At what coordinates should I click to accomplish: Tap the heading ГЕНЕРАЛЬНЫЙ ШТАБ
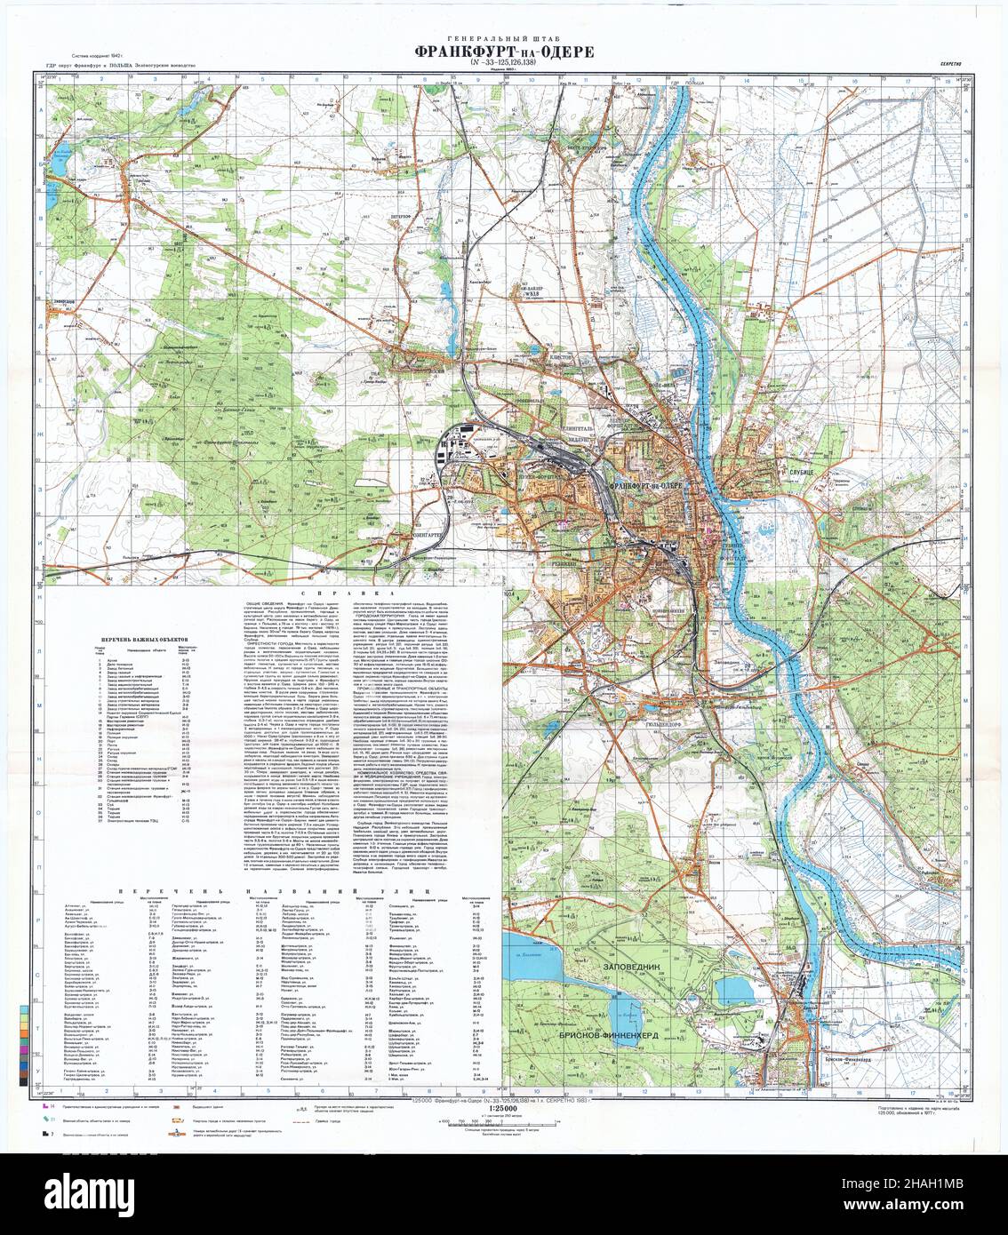click(504, 37)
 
